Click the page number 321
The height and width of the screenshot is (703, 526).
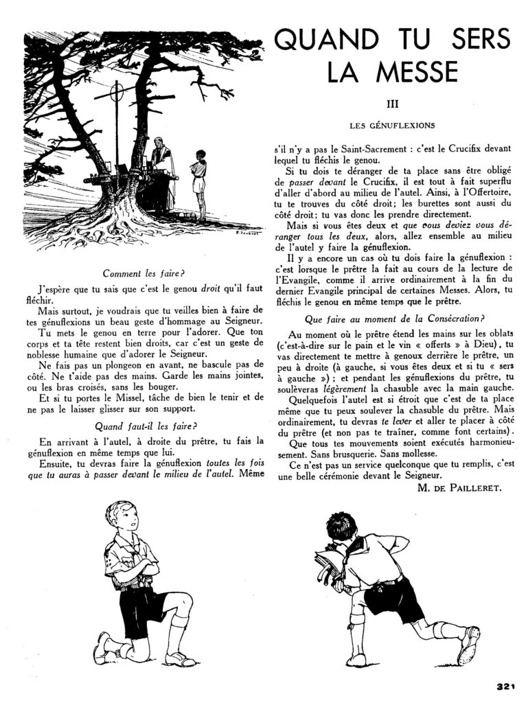pyautogui.click(x=505, y=685)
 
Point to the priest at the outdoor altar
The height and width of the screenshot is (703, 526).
pyautogui.click(x=163, y=172)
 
